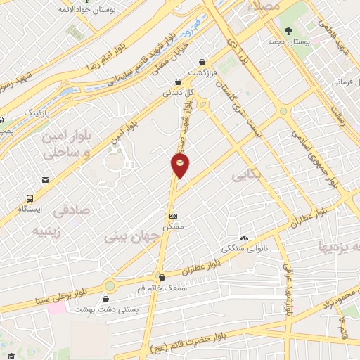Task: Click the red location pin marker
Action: coord(180,166)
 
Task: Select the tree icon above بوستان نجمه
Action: coord(288,31)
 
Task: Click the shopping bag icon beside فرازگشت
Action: coord(202,62)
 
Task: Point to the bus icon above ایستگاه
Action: coord(30,198)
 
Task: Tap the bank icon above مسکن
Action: coord(174,216)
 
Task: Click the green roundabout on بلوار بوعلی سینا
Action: coord(110,286)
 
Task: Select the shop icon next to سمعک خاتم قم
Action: coord(162,276)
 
